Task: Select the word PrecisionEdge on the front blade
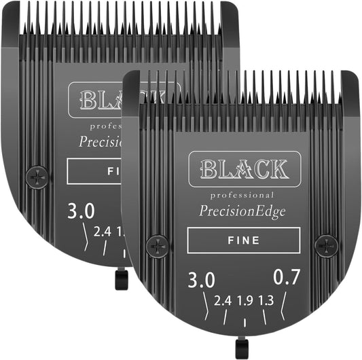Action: [x=243, y=211]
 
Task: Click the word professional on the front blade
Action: [x=242, y=195]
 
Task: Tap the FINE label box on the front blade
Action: [x=243, y=240]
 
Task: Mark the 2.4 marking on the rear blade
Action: [x=103, y=232]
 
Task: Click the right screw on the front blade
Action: [x=326, y=245]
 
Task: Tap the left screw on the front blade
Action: [x=157, y=245]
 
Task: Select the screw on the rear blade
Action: [x=36, y=177]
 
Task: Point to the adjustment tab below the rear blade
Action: [x=121, y=278]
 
